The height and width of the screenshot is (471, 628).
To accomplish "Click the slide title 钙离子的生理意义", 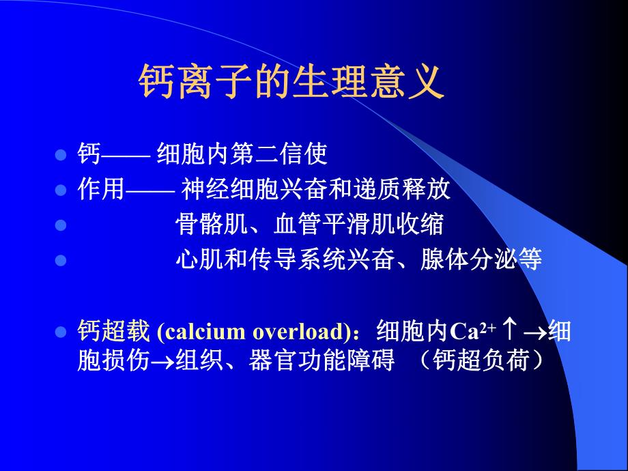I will coord(291,83).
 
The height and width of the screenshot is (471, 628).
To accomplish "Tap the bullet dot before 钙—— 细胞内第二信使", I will coord(60,155).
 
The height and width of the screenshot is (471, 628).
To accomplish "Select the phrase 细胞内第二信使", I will coord(242,154).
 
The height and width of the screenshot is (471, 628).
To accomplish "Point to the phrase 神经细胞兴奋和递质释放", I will coord(315,190).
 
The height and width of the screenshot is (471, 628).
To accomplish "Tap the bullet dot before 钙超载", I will coord(60,332).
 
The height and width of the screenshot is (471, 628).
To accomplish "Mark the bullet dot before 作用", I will coord(60,190).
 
